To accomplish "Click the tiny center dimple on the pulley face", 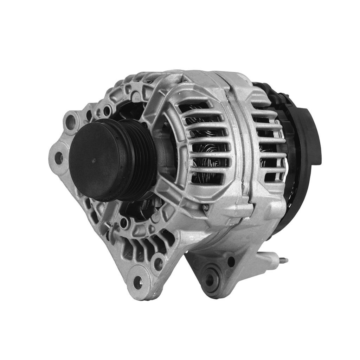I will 94,160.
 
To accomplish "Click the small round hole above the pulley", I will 107,111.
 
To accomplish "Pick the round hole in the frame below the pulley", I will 123,223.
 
